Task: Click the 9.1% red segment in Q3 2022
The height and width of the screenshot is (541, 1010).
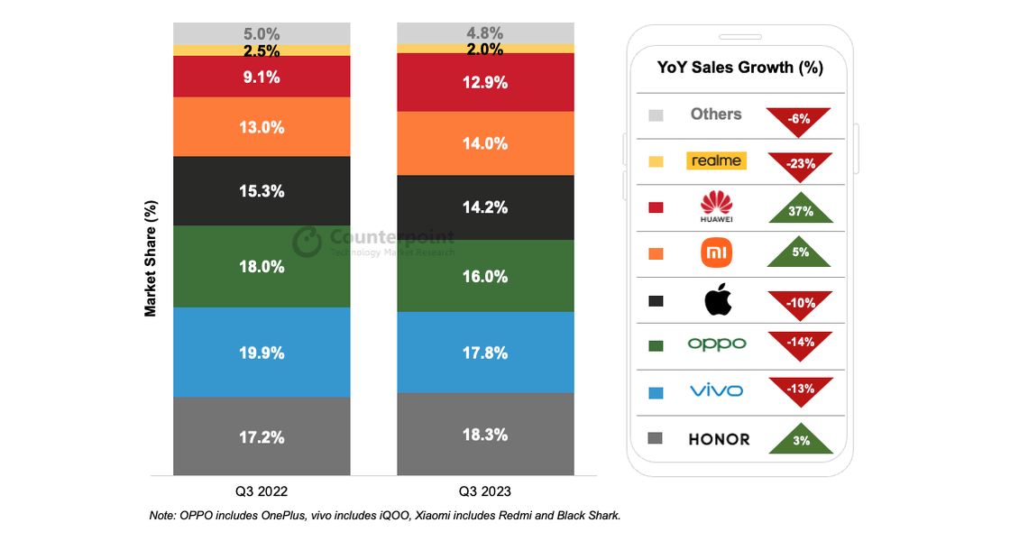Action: tap(262, 77)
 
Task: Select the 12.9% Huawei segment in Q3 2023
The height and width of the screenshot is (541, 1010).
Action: tap(485, 82)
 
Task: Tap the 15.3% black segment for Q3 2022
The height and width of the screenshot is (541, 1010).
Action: tap(262, 190)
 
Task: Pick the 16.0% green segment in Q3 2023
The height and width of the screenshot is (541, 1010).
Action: tap(485, 276)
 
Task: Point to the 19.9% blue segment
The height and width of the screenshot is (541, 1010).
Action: tap(262, 353)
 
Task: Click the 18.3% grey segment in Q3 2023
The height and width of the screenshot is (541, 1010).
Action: tap(485, 434)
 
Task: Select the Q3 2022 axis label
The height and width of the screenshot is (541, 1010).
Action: tap(262, 491)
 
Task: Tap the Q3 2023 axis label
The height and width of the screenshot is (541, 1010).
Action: tap(485, 491)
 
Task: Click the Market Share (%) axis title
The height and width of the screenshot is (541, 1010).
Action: tap(150, 258)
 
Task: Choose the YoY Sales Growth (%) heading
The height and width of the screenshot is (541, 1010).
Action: tap(740, 68)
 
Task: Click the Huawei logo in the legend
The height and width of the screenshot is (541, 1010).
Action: tap(716, 206)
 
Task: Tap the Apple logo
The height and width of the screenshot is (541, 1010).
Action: tap(718, 298)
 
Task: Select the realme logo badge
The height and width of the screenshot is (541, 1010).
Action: tap(716, 160)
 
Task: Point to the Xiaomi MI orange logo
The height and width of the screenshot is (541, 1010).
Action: tap(716, 253)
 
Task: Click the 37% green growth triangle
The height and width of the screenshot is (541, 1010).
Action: tap(801, 208)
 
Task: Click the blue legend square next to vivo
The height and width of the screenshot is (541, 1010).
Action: tap(656, 393)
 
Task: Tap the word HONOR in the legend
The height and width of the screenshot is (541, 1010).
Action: tap(719, 439)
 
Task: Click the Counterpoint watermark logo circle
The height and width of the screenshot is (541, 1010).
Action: tap(307, 243)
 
